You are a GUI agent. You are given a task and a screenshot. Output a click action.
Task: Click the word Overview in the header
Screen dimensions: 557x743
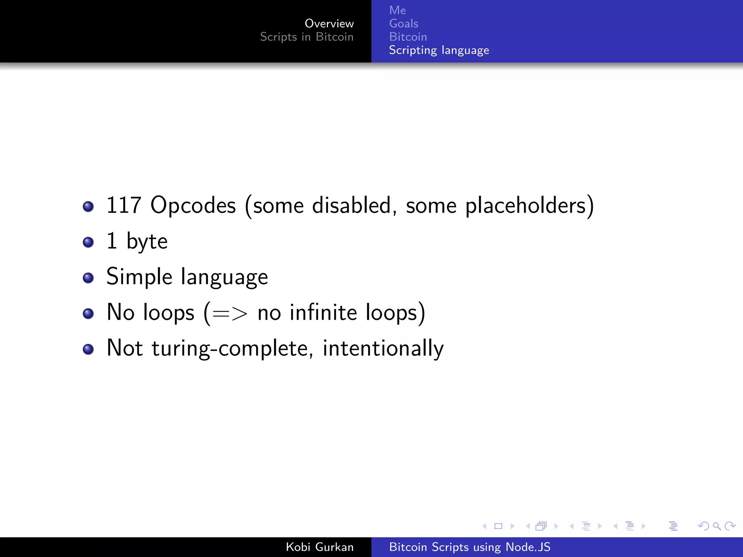[329, 24]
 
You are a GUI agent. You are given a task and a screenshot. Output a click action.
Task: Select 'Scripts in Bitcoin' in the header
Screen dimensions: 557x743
[307, 37]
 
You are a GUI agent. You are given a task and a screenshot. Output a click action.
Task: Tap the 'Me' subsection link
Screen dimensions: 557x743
[397, 10]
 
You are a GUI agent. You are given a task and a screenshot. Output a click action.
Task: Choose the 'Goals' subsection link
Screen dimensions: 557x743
[403, 24]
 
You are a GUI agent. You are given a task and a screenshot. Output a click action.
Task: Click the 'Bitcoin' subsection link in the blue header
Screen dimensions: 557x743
[408, 37]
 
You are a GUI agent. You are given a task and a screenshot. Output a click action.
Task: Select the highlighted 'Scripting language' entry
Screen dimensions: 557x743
[439, 50]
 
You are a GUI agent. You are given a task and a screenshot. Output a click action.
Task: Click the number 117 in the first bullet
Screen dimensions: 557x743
[123, 205]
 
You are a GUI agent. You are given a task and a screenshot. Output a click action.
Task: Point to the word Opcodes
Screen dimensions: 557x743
[193, 206]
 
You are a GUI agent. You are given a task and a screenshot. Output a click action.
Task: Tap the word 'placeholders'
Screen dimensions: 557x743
[526, 206]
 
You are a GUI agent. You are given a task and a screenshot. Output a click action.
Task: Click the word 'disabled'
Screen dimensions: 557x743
[351, 206]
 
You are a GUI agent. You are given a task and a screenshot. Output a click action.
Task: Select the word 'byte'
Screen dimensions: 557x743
[147, 242]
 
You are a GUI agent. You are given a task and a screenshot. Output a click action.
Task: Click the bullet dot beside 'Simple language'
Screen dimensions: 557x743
[88, 278]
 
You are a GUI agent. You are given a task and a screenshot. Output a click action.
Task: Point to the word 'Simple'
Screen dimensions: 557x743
[139, 277]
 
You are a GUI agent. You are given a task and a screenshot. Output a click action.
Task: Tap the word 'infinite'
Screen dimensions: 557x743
[323, 313]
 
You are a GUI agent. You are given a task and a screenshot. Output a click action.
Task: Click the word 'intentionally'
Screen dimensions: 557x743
[383, 348]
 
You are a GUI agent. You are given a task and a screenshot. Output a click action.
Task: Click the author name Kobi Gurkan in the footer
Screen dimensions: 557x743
[319, 547]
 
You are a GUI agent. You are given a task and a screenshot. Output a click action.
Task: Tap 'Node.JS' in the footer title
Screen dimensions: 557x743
[528, 547]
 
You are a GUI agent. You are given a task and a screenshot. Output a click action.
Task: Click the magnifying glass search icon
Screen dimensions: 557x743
[717, 526]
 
